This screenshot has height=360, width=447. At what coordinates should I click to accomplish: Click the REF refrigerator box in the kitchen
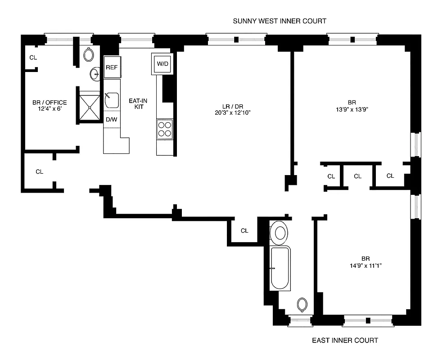[112, 67]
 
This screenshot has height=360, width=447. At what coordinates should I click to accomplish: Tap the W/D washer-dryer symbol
[162, 64]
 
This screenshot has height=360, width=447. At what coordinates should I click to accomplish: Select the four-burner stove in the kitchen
[165, 129]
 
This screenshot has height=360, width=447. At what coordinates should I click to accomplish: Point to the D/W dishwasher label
[111, 120]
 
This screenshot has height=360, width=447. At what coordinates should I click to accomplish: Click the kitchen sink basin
[112, 100]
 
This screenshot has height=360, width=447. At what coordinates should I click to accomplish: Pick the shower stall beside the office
[90, 106]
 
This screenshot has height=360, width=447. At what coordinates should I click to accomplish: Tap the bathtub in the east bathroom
[280, 269]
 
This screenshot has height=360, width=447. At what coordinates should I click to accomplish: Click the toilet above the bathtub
[280, 232]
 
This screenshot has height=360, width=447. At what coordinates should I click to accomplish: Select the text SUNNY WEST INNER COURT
[279, 21]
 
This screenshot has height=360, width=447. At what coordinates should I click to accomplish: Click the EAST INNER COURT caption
[345, 340]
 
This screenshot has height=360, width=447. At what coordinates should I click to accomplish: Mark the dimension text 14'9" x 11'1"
[366, 265]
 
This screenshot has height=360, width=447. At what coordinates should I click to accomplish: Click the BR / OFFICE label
[50, 103]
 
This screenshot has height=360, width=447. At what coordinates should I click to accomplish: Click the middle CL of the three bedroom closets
[357, 176]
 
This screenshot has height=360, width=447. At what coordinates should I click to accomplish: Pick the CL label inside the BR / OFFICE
[33, 58]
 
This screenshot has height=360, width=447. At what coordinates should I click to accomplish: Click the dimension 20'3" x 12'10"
[232, 113]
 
